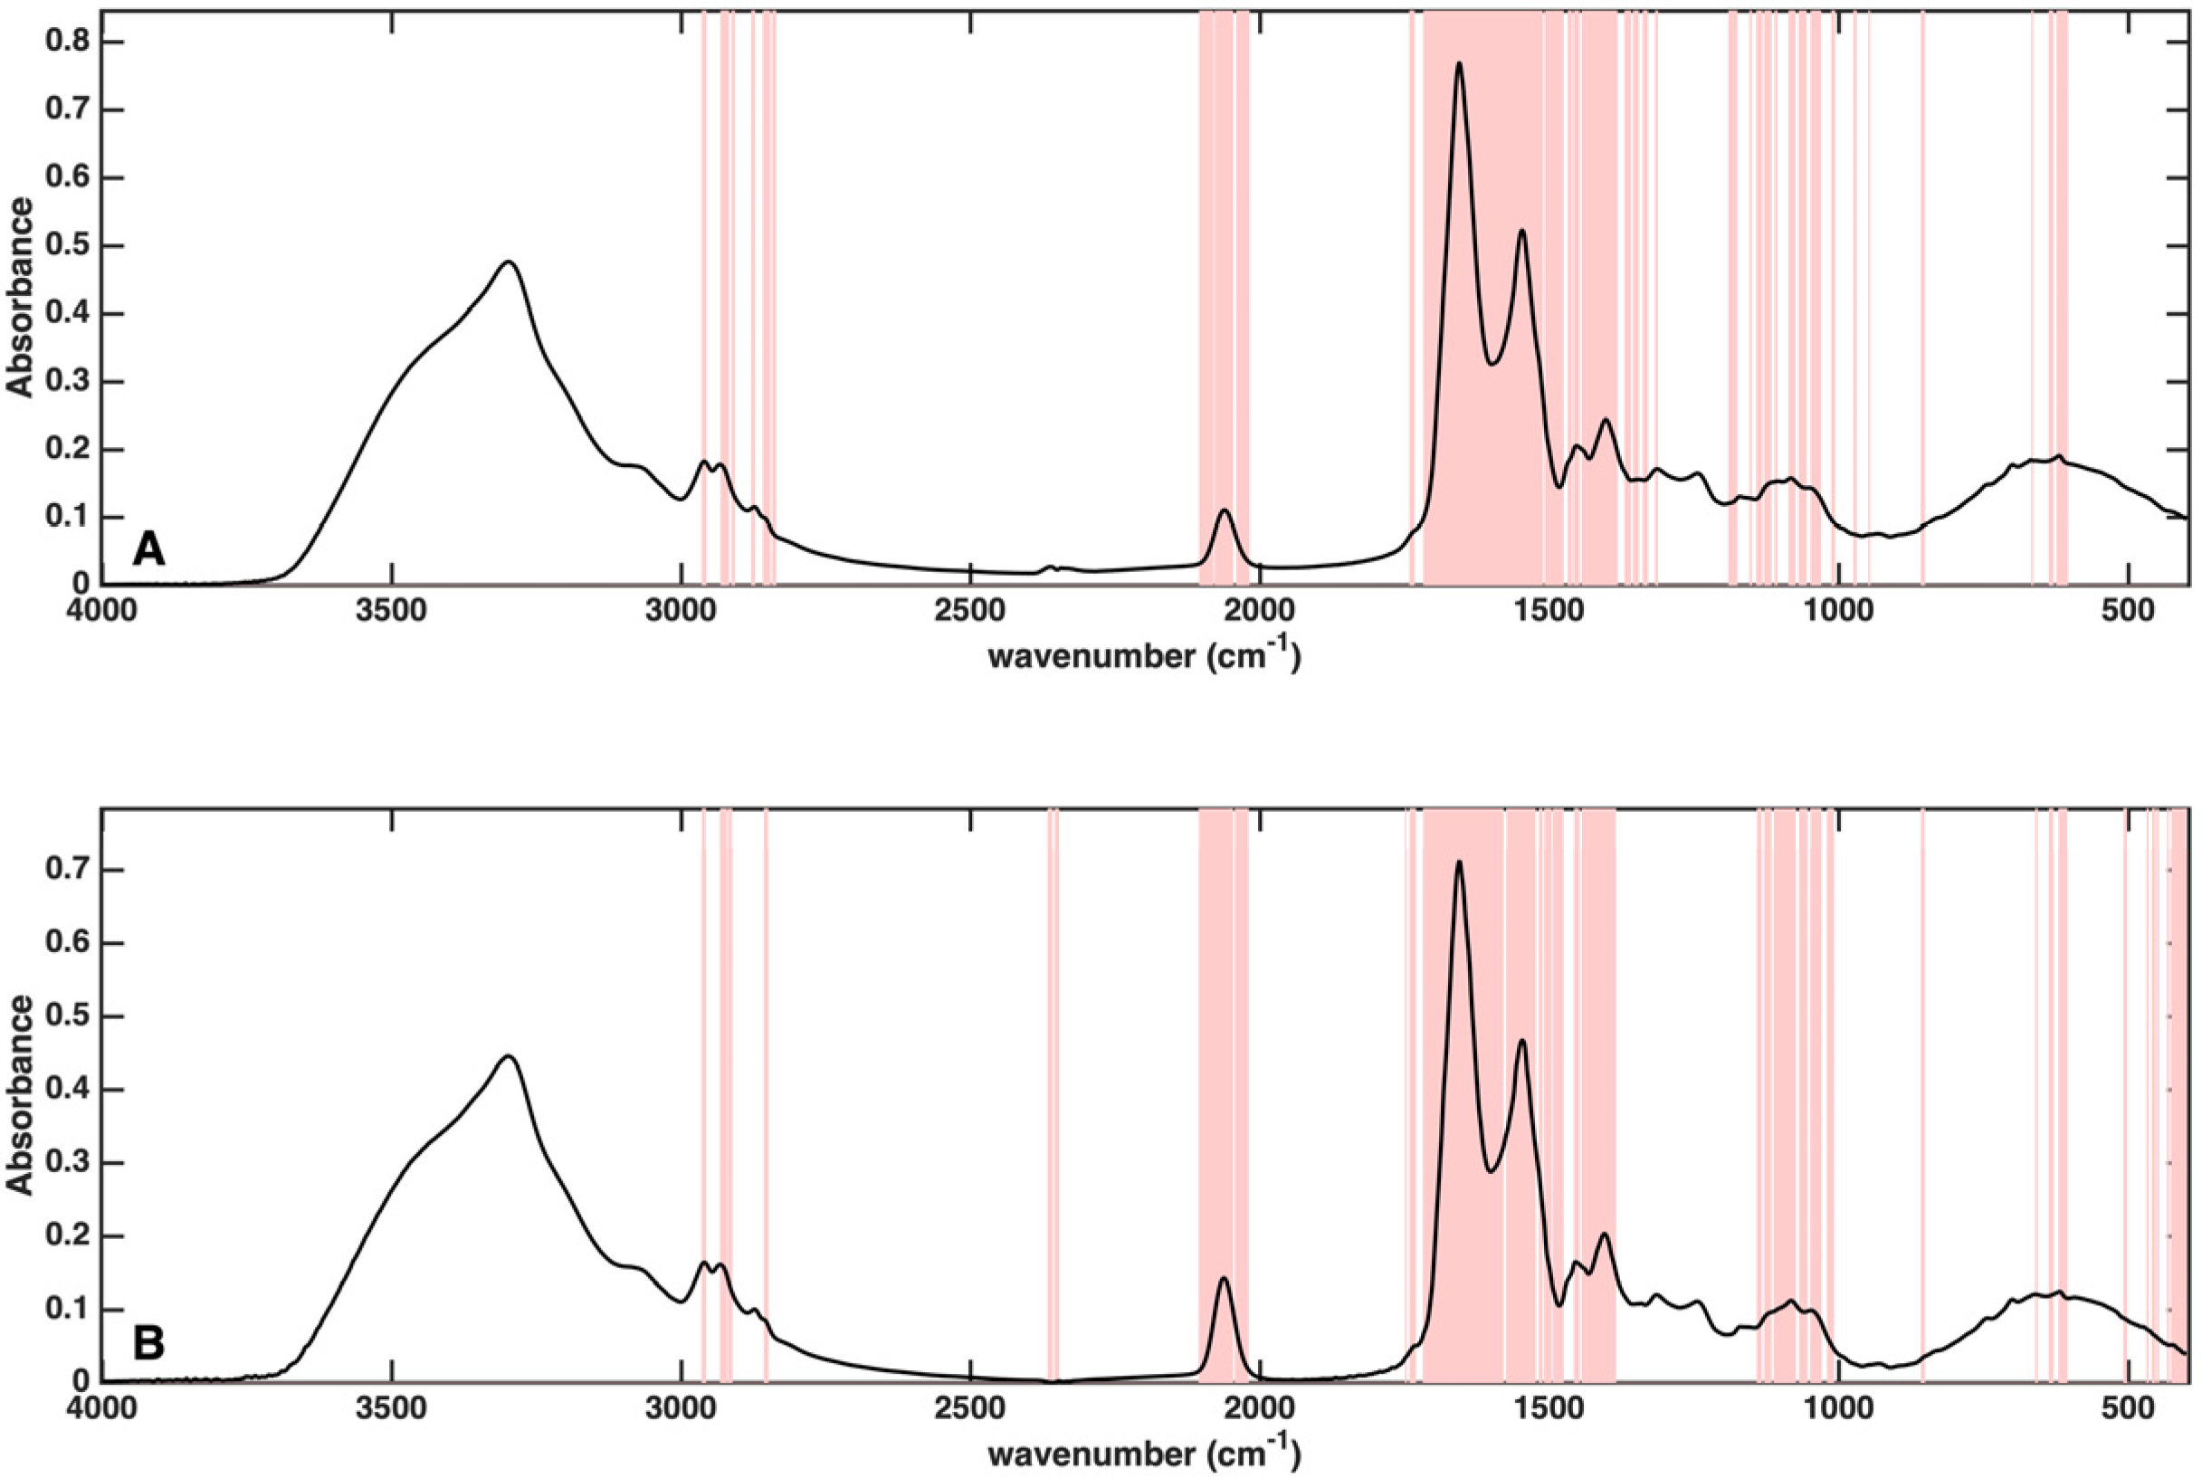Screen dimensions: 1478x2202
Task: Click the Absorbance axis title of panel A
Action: (20, 296)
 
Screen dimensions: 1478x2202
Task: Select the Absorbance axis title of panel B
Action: (20, 1093)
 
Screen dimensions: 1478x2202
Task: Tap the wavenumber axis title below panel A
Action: (1143, 654)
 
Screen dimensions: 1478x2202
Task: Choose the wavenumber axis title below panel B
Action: (1143, 1452)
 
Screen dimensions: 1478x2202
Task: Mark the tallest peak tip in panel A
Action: (1459, 63)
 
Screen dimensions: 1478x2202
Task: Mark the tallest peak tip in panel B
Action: (1459, 862)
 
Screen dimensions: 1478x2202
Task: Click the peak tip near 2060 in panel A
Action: (1225, 510)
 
